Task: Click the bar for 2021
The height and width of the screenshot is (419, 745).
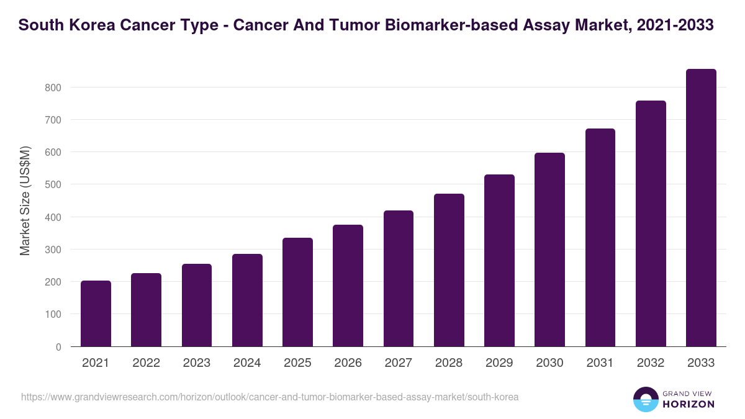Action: pos(96,313)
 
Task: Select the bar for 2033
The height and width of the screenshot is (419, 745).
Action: pos(701,208)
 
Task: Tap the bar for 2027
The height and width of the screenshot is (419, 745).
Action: pos(399,279)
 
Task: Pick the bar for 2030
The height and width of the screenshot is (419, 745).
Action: pos(549,250)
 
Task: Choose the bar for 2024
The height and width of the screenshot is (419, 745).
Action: pos(247,300)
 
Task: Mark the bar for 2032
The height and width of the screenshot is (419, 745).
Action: pos(651,223)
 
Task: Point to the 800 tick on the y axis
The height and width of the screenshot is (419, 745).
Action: pos(53,88)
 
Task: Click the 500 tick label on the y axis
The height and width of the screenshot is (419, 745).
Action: pos(53,185)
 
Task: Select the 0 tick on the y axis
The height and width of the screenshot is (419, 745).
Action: pos(58,347)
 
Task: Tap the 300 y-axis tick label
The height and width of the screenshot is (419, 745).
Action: pos(53,250)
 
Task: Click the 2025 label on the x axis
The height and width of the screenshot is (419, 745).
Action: pos(297,363)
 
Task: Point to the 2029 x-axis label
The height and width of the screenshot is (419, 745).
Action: pos(499,363)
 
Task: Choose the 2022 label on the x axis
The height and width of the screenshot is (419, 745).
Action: pos(146,363)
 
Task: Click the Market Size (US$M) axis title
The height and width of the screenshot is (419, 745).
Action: pos(25,200)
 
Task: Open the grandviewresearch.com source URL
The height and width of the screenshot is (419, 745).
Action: pos(269,397)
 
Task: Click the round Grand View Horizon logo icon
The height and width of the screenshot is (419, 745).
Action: pos(646,399)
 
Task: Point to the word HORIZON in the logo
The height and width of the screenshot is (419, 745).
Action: pos(688,404)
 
